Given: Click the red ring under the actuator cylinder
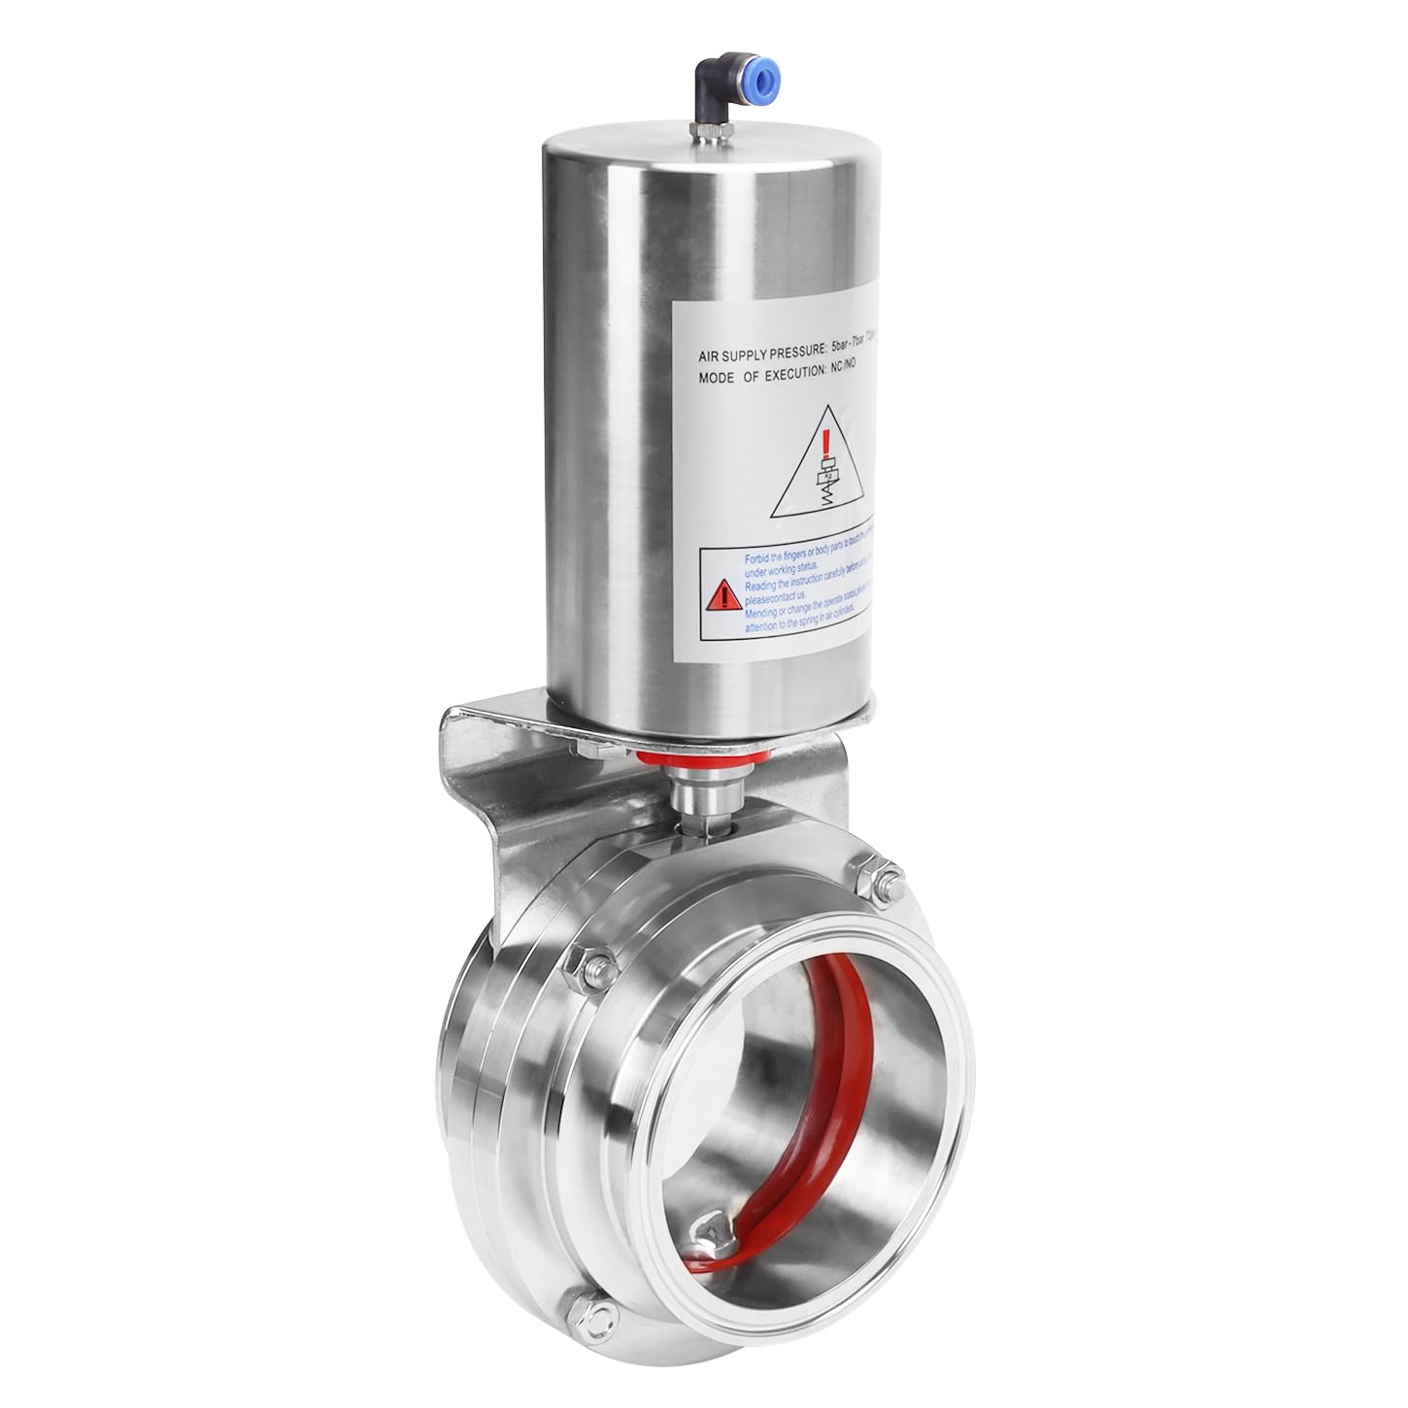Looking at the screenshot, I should coord(706,754).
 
